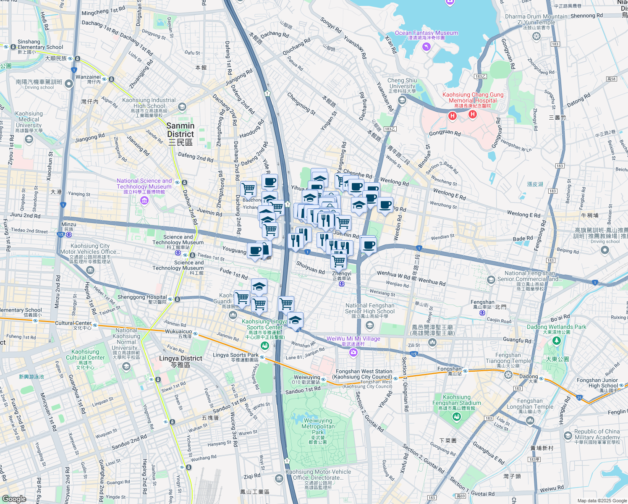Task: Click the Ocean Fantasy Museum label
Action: [426, 33]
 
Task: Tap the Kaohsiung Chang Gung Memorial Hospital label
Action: [473, 97]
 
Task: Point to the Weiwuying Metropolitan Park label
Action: [318, 426]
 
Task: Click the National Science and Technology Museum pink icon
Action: [144, 200]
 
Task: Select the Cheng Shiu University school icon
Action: [402, 100]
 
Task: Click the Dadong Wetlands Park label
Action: [556, 327]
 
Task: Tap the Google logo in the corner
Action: [14, 499]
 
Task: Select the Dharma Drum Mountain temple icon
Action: [536, 36]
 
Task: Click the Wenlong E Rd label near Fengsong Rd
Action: [523, 214]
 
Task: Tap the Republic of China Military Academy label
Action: [597, 434]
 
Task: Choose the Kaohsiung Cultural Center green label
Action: [85, 355]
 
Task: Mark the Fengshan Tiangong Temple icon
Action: [508, 374]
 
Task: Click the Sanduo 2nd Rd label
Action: [129, 442]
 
